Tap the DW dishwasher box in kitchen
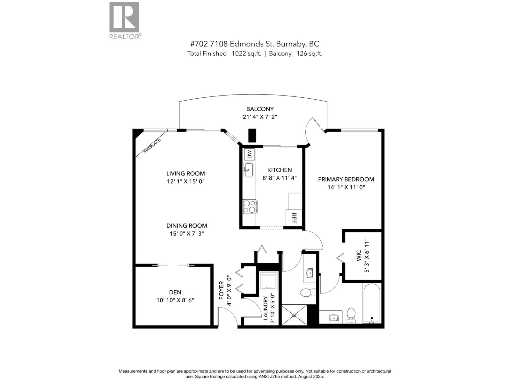click(249, 155)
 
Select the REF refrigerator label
click(294, 218)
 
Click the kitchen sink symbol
click(249, 170)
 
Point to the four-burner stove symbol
click(249, 206)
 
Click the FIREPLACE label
click(152, 146)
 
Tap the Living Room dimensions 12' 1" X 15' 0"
click(186, 181)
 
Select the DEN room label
click(175, 292)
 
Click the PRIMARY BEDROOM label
click(346, 179)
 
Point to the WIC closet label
click(359, 256)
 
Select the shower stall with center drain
click(294, 315)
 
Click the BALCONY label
click(260, 109)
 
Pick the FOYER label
click(221, 290)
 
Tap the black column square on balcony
click(252, 135)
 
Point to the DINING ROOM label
click(186, 226)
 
